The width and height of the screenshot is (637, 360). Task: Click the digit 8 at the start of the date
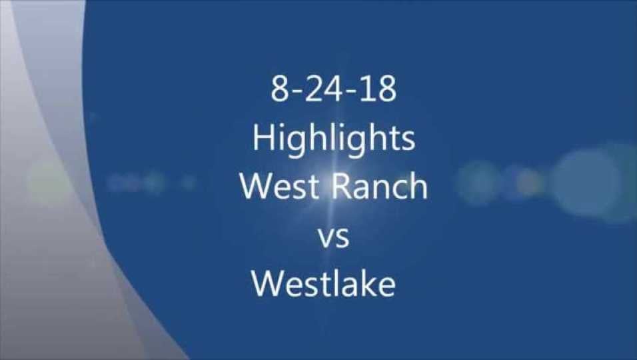point(279,90)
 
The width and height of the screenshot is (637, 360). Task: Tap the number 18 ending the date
point(378,90)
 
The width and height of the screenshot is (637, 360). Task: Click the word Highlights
point(334,139)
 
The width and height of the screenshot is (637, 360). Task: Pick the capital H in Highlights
point(263,138)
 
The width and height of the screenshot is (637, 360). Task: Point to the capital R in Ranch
point(344,187)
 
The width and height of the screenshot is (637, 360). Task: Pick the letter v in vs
point(326,239)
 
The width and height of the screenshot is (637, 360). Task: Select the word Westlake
point(324,284)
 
